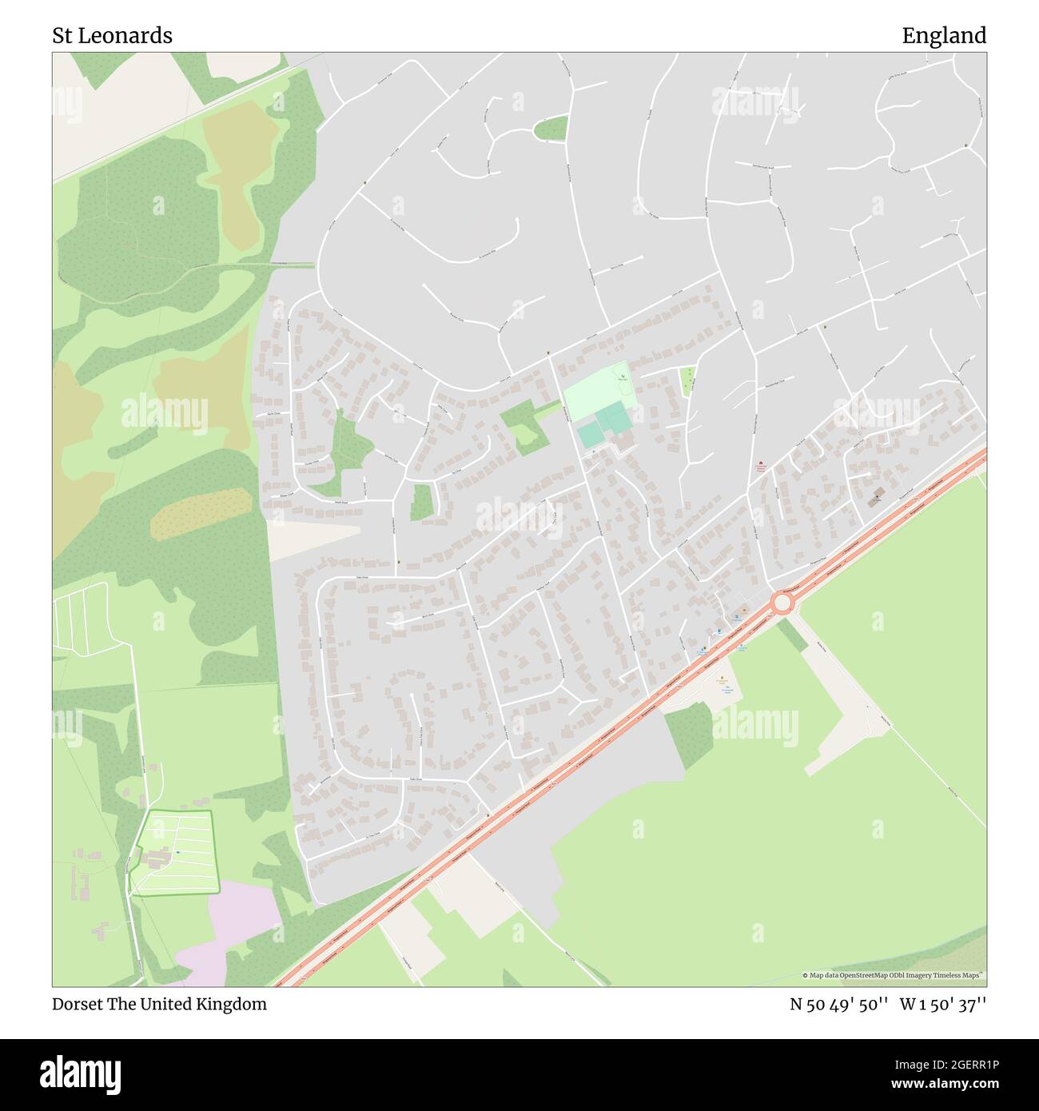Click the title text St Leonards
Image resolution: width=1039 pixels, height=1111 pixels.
click(x=112, y=36)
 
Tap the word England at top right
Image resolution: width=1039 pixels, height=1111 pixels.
click(x=944, y=36)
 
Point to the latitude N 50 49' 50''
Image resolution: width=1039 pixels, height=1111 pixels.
click(x=839, y=1004)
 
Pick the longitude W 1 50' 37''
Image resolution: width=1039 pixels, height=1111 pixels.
click(x=943, y=1004)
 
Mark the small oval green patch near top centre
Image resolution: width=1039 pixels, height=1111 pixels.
click(x=551, y=128)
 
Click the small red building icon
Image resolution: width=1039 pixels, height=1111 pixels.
click(x=760, y=463)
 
